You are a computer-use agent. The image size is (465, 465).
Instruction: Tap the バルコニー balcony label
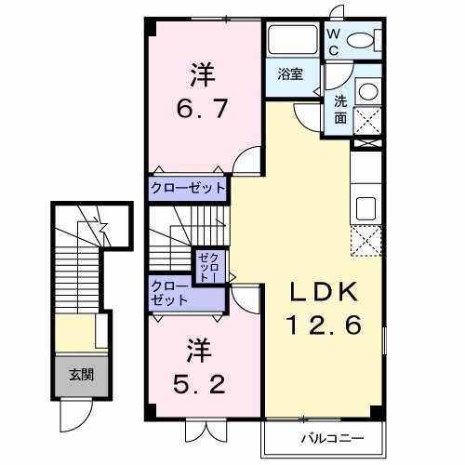330,437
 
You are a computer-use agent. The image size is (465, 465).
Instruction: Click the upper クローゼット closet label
189,188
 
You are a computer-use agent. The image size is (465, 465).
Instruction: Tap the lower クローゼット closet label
169,294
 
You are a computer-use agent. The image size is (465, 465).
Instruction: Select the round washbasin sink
367,91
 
